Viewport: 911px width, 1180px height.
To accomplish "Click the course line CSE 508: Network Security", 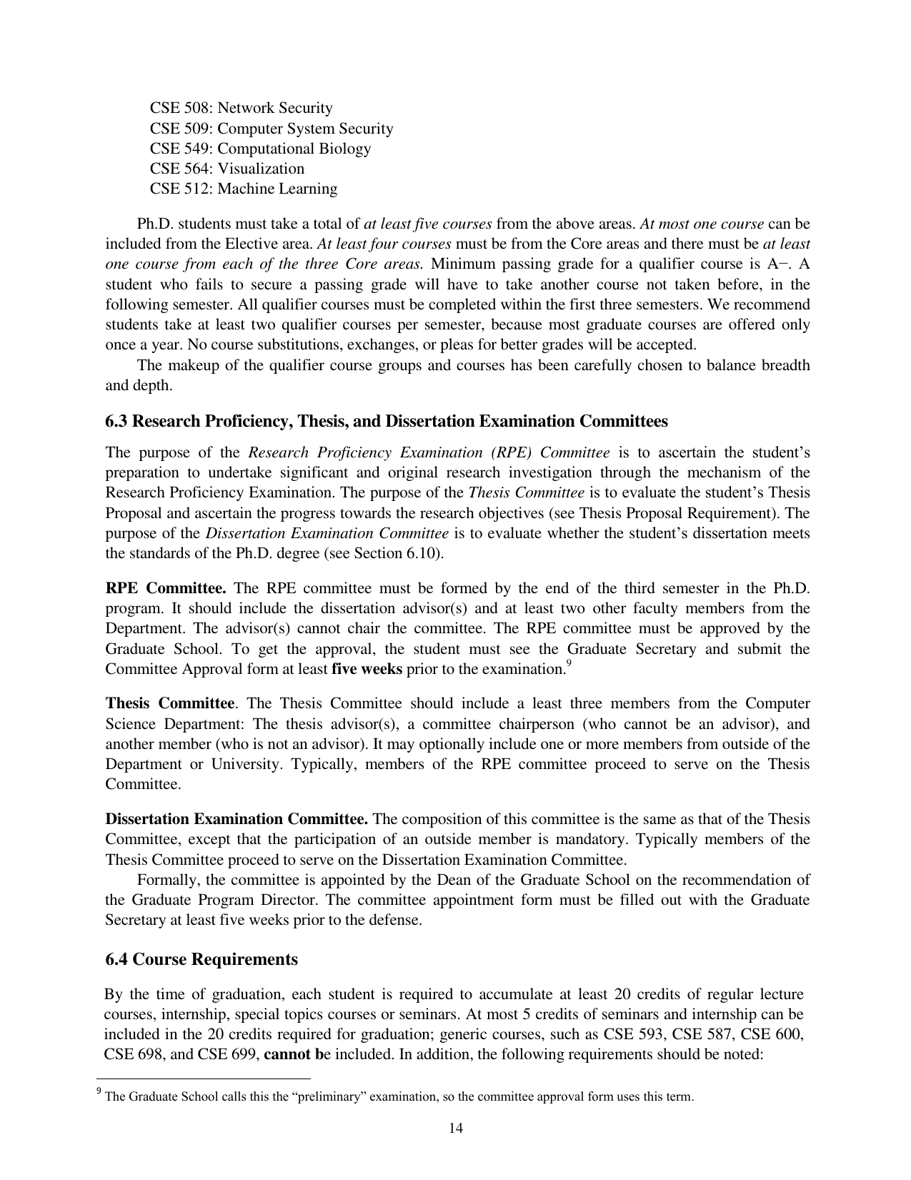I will pos(241,108).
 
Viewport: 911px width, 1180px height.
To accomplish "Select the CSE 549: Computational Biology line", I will pos(260,149).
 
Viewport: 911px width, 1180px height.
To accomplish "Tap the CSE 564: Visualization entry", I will pos(226,169).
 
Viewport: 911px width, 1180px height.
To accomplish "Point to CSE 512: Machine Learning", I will pos(243,189).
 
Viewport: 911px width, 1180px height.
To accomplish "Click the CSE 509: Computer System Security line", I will pos(271,129).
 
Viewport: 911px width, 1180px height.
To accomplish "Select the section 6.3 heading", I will pos(386,421).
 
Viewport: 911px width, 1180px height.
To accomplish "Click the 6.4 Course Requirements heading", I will pos(201,959).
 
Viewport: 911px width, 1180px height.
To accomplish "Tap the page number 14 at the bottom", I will pos(455,1129).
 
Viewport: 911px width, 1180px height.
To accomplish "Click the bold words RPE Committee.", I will pos(166,588).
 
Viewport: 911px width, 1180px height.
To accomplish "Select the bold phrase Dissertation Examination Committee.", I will pos(237,819).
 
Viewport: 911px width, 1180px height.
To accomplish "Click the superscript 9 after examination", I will pos(568,664).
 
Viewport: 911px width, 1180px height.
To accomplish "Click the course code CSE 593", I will pos(631,1034).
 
